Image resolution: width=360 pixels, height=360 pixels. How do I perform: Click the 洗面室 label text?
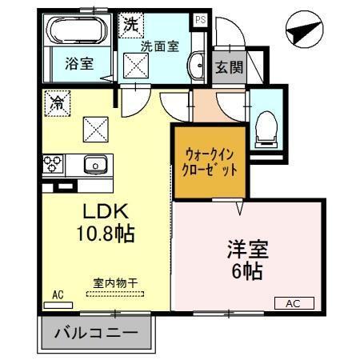click(159, 46)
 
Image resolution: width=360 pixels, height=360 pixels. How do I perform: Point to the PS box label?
click(200, 20)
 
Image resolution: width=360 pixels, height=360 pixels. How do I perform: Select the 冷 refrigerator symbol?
click(57, 102)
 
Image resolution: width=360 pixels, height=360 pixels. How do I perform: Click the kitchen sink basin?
click(95, 165)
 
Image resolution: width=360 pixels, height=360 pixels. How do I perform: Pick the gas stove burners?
click(54, 164)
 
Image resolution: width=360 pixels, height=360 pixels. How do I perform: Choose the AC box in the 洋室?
click(294, 303)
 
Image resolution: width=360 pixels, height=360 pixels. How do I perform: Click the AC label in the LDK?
click(58, 294)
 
